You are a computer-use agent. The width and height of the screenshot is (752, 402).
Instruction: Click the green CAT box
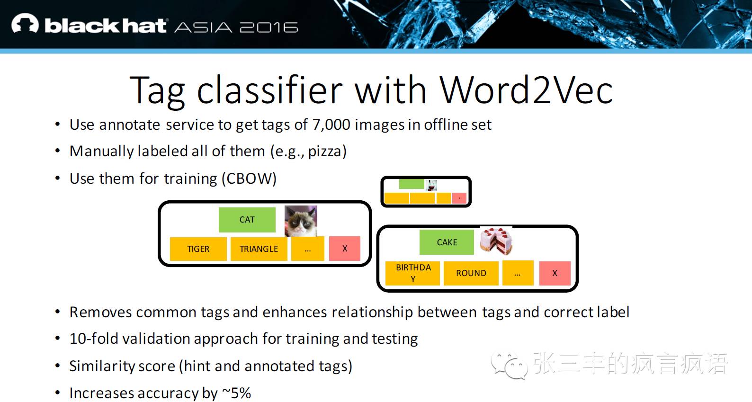coord(247,220)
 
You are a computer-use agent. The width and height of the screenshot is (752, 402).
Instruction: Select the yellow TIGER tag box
coord(198,249)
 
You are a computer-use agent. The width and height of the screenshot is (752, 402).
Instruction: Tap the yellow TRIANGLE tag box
coord(259,249)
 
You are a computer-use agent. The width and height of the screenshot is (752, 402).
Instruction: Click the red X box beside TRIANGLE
coord(344,248)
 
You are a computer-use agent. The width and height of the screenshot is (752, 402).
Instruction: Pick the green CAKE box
coord(447,242)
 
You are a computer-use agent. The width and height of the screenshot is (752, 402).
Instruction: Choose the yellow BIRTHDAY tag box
coord(413,273)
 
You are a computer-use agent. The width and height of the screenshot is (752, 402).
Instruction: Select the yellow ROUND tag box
coord(471,273)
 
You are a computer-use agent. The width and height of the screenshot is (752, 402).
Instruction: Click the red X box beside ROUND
coord(555,273)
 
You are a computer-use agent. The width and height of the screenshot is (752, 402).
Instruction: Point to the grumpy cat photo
coord(301,221)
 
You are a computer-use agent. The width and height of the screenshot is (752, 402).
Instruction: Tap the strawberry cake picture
coord(496,241)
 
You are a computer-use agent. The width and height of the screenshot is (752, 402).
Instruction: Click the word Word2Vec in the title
coord(526,90)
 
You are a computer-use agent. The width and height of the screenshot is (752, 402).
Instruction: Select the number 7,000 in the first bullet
coord(331,125)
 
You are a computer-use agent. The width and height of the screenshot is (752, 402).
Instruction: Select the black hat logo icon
coord(25,24)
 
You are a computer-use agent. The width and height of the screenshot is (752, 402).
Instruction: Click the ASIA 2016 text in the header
coord(236,27)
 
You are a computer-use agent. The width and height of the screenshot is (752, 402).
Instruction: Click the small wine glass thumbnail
coord(431,185)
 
